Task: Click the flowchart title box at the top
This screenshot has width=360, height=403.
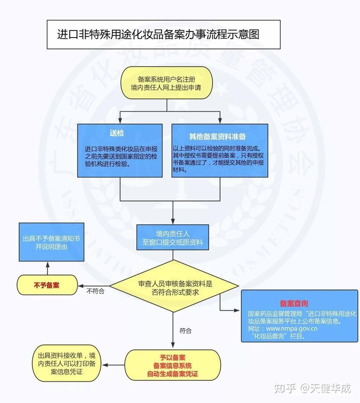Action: click(163, 34)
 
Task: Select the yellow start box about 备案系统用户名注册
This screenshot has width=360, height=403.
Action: click(167, 83)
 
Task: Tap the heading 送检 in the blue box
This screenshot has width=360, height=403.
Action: click(117, 133)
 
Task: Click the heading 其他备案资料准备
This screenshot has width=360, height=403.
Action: click(217, 136)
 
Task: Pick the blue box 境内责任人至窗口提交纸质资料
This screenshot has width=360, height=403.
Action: click(172, 237)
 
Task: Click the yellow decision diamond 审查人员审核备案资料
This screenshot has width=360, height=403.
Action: click(174, 286)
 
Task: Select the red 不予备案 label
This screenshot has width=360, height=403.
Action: click(46, 285)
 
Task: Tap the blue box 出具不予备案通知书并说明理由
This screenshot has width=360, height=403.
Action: click(51, 242)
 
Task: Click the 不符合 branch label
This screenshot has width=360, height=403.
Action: click(95, 291)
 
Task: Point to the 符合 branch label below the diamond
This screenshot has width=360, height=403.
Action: click(185, 330)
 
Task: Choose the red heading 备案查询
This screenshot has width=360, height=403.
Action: click(294, 303)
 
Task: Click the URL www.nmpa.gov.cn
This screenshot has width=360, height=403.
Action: click(291, 328)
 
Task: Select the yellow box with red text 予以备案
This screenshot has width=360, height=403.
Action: click(172, 365)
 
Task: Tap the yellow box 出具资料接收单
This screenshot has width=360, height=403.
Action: click(66, 363)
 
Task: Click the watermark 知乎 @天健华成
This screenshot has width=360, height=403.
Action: click(312, 388)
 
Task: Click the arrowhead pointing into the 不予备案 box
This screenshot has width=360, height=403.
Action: click(80, 286)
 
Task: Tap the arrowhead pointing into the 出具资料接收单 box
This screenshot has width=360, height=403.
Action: click(105, 365)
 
